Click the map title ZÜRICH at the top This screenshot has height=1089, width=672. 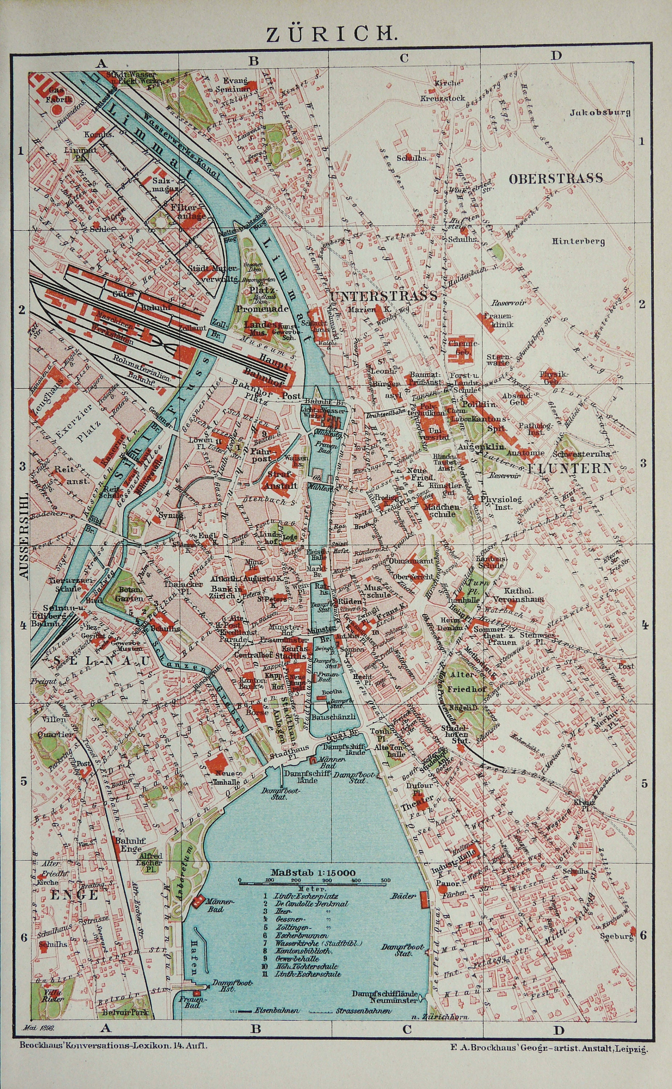tap(331, 34)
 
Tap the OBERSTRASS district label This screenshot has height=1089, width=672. tap(556, 178)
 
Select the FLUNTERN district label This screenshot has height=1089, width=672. tap(569, 468)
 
